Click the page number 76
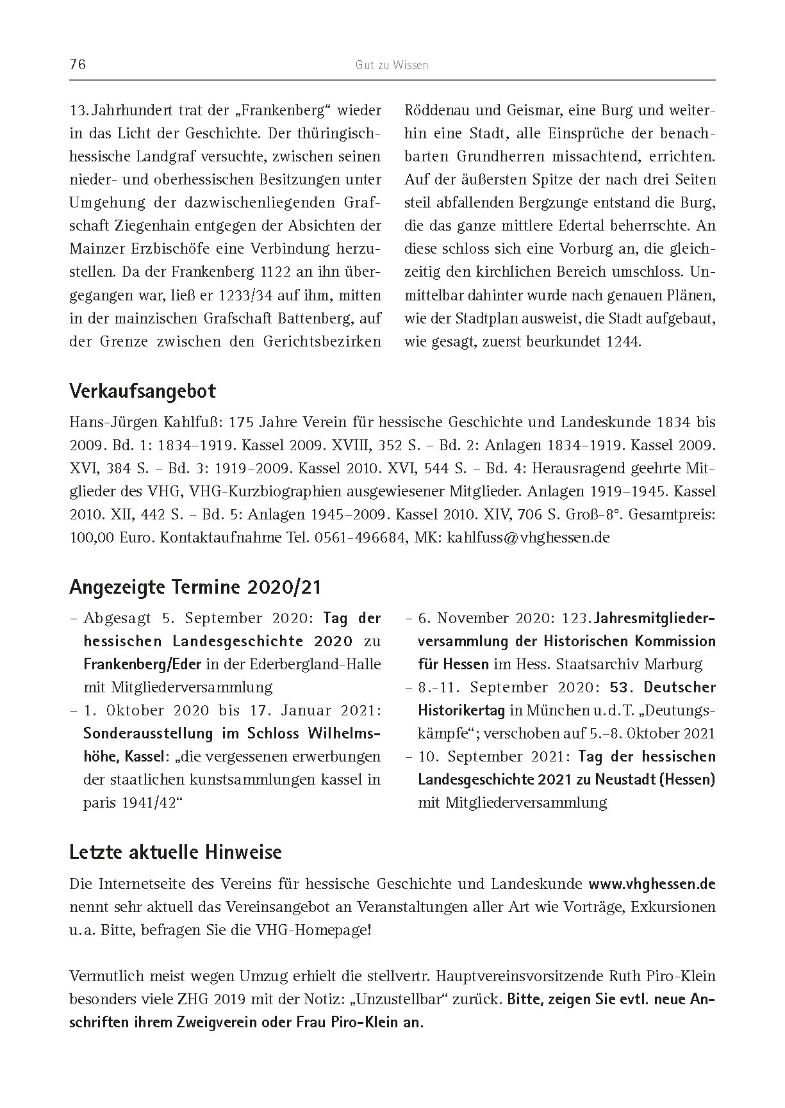pos(78,65)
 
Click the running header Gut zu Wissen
pos(392,65)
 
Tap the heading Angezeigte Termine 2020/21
pos(195,587)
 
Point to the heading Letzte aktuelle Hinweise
pos(175,852)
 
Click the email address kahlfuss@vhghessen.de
pos(528,537)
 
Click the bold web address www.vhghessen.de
pos(652,884)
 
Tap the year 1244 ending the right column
pos(622,341)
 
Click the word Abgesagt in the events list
pos(117,618)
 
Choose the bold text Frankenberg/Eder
pos(142,664)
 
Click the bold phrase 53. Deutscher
pos(663,687)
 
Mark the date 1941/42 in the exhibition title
pos(149,802)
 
